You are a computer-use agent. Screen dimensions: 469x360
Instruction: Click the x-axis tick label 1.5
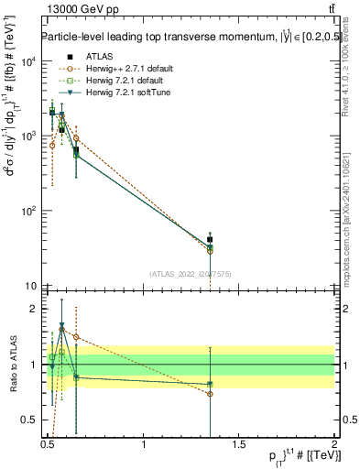point(239,449)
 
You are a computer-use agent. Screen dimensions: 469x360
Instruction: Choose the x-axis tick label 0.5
point(48,449)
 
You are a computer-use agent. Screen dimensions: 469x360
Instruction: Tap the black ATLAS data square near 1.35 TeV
point(211,240)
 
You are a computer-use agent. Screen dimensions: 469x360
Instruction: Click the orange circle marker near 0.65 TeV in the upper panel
point(76,138)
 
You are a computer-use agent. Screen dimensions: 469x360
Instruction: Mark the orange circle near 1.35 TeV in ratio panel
point(211,394)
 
